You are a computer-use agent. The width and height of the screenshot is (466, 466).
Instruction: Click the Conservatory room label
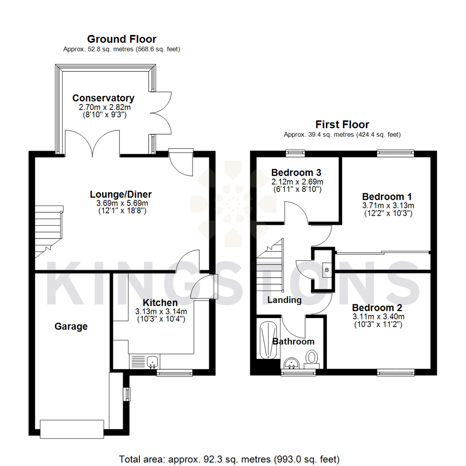pos(103,98)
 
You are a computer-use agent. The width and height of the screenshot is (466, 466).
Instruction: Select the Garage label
pos(71,327)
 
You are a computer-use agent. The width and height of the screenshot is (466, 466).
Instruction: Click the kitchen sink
pos(152,361)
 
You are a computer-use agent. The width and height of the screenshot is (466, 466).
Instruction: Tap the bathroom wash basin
pos(293,364)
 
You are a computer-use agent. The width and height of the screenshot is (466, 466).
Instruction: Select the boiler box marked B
pos(326,270)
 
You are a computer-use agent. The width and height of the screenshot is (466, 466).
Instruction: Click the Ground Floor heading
pos(122,39)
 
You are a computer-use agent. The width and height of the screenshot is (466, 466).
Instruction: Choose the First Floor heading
pos(342,125)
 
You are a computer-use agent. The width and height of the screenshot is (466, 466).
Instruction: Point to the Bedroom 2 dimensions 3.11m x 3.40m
pos(378,316)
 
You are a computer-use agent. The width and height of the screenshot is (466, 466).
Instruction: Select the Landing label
pos(284,300)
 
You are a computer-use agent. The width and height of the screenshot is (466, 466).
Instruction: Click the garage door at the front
pos(72,428)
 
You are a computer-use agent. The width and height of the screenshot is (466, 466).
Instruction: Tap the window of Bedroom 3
pos(296,152)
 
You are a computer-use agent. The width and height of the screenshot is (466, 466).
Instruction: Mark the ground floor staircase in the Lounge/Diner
pos(48,231)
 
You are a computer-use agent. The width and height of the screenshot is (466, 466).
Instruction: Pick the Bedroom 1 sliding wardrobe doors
pos(382,252)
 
